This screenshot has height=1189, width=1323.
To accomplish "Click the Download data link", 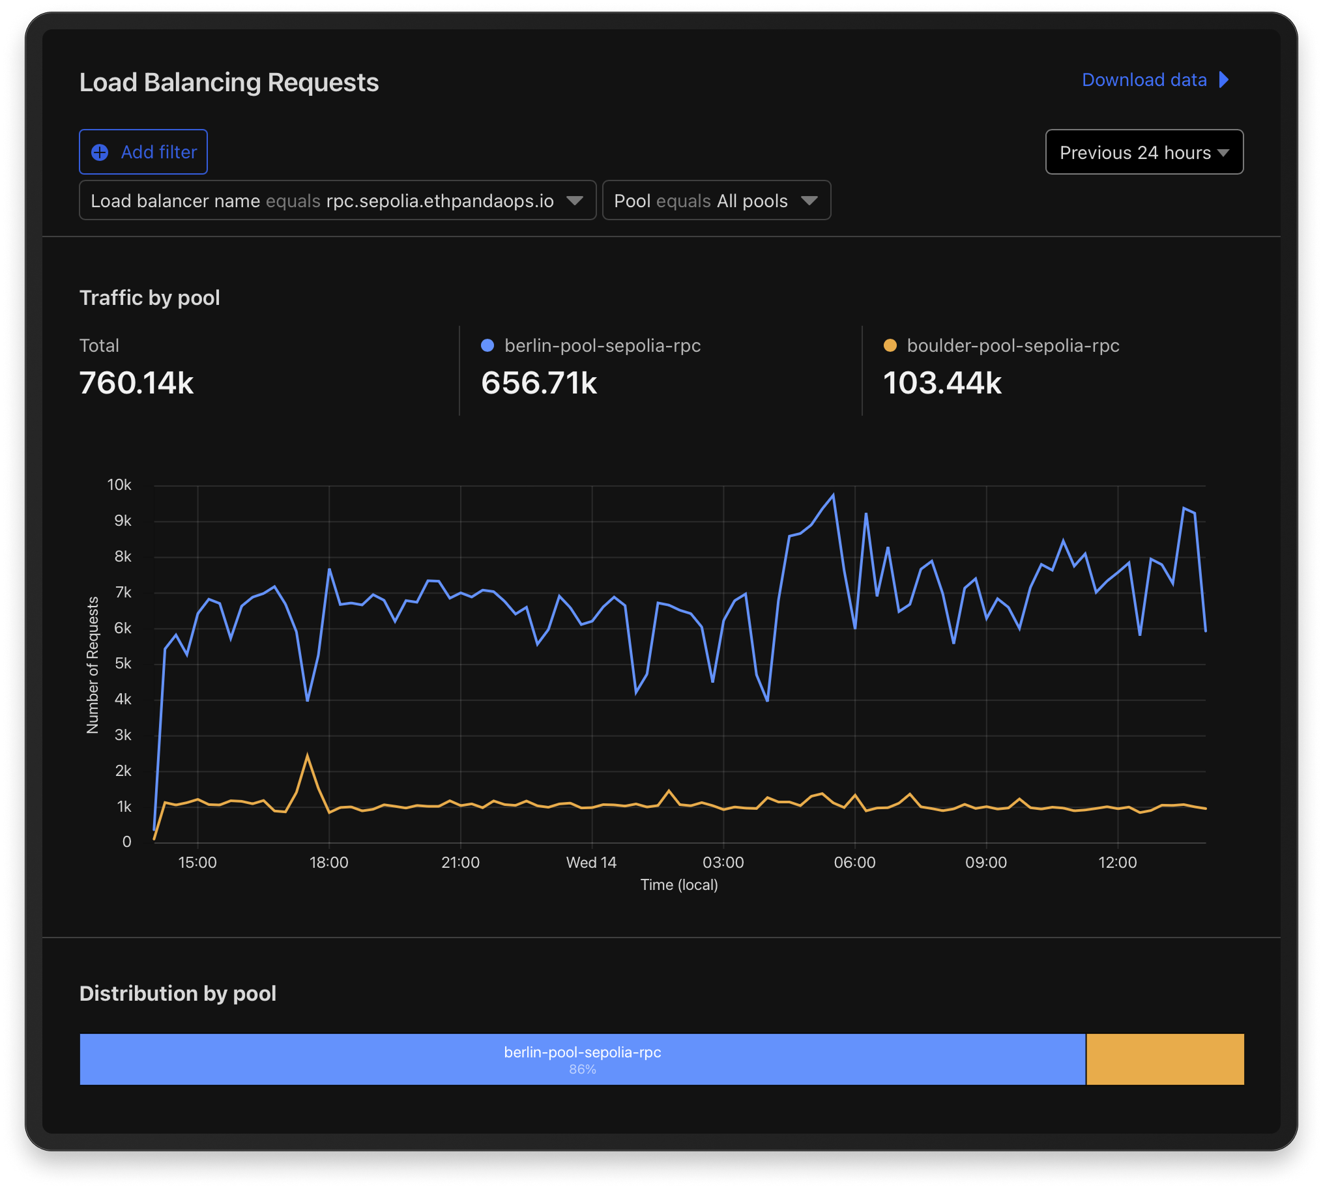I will click(x=1154, y=79).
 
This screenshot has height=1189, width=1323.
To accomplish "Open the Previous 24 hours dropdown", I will click(x=1143, y=152).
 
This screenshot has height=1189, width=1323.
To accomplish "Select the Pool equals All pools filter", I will click(x=716, y=201).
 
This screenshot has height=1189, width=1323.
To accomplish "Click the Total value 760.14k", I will click(x=137, y=383).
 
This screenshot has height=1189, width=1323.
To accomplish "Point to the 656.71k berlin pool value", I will click(x=538, y=383).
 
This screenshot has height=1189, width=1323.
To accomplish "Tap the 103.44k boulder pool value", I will click(x=942, y=383).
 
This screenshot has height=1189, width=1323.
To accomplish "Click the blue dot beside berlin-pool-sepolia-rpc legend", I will click(x=487, y=345).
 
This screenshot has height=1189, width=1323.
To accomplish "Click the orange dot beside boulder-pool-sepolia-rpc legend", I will click(x=890, y=345).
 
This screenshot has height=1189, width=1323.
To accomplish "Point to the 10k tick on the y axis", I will click(x=119, y=485).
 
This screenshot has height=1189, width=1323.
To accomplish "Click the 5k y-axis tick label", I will click(x=123, y=664).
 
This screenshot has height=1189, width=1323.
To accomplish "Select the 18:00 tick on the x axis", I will click(x=328, y=863).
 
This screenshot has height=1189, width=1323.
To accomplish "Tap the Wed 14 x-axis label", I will click(x=591, y=863).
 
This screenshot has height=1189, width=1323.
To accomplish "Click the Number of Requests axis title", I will click(x=93, y=665).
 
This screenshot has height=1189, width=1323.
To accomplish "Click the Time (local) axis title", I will click(x=678, y=885).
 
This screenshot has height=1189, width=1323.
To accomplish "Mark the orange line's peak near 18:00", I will click(x=307, y=755).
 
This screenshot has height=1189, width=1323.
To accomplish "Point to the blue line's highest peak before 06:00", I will click(x=833, y=495).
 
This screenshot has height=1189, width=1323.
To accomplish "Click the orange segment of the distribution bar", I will click(x=1164, y=1059).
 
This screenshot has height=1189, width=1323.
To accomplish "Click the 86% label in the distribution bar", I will click(x=582, y=1069).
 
